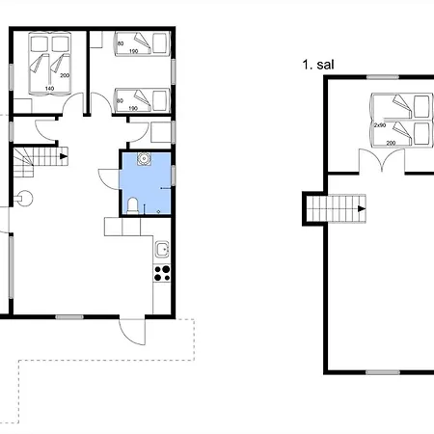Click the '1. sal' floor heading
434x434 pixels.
318,65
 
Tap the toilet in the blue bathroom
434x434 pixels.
133,205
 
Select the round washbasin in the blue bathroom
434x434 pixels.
144,159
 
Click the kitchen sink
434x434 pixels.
162,249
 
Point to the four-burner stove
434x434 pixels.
162,273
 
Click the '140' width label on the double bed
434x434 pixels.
49,89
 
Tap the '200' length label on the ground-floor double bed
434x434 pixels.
65,75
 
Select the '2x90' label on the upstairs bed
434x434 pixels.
380,125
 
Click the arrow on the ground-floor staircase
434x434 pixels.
64,156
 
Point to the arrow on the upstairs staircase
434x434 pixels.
362,208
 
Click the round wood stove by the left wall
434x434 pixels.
25,199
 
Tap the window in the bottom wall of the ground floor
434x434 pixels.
69,317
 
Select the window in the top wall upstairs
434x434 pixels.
383,77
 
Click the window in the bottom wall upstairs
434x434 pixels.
383,372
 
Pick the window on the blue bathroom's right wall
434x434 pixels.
174,176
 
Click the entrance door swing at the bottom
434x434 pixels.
132,332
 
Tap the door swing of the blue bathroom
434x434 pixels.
109,178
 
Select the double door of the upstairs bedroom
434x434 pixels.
382,160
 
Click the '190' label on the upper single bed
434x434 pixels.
133,51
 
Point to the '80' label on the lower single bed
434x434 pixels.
120,101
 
